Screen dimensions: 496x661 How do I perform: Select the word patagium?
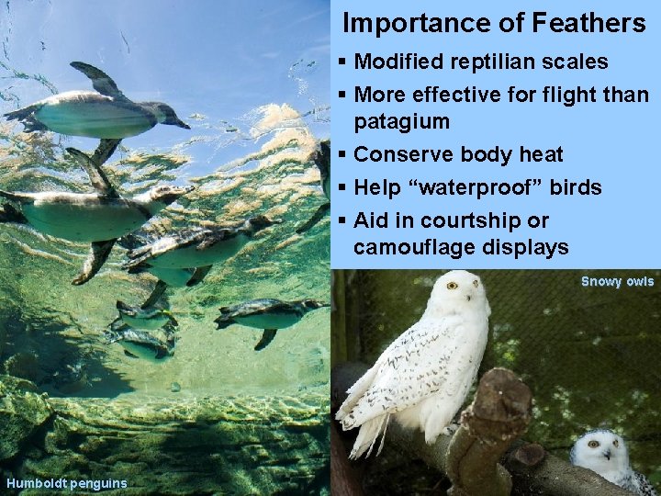401,121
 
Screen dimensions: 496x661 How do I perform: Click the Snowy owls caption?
617,281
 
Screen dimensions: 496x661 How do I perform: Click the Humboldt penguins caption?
66,483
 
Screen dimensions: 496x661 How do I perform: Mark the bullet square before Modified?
342,62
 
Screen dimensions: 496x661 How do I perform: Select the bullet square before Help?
342,187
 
